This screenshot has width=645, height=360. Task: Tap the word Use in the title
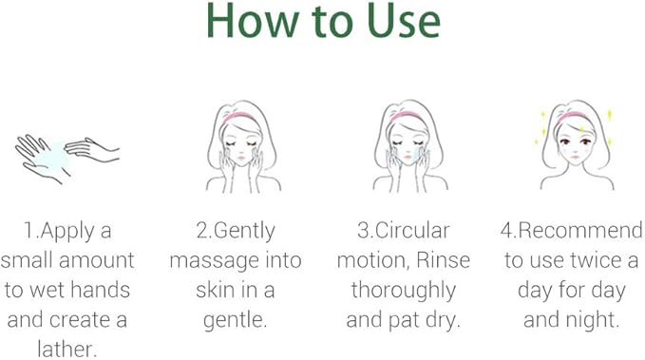click(403, 21)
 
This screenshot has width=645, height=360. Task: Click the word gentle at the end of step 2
click(235, 320)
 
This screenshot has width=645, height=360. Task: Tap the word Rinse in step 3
click(443, 260)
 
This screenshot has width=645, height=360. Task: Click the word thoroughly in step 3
click(404, 292)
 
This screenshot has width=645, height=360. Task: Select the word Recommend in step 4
click(580, 230)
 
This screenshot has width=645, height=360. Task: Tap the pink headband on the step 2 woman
click(239, 117)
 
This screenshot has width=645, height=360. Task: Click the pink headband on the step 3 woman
click(407, 117)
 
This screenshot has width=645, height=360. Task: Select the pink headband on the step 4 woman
click(573, 117)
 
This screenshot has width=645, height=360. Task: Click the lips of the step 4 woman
click(575, 158)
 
